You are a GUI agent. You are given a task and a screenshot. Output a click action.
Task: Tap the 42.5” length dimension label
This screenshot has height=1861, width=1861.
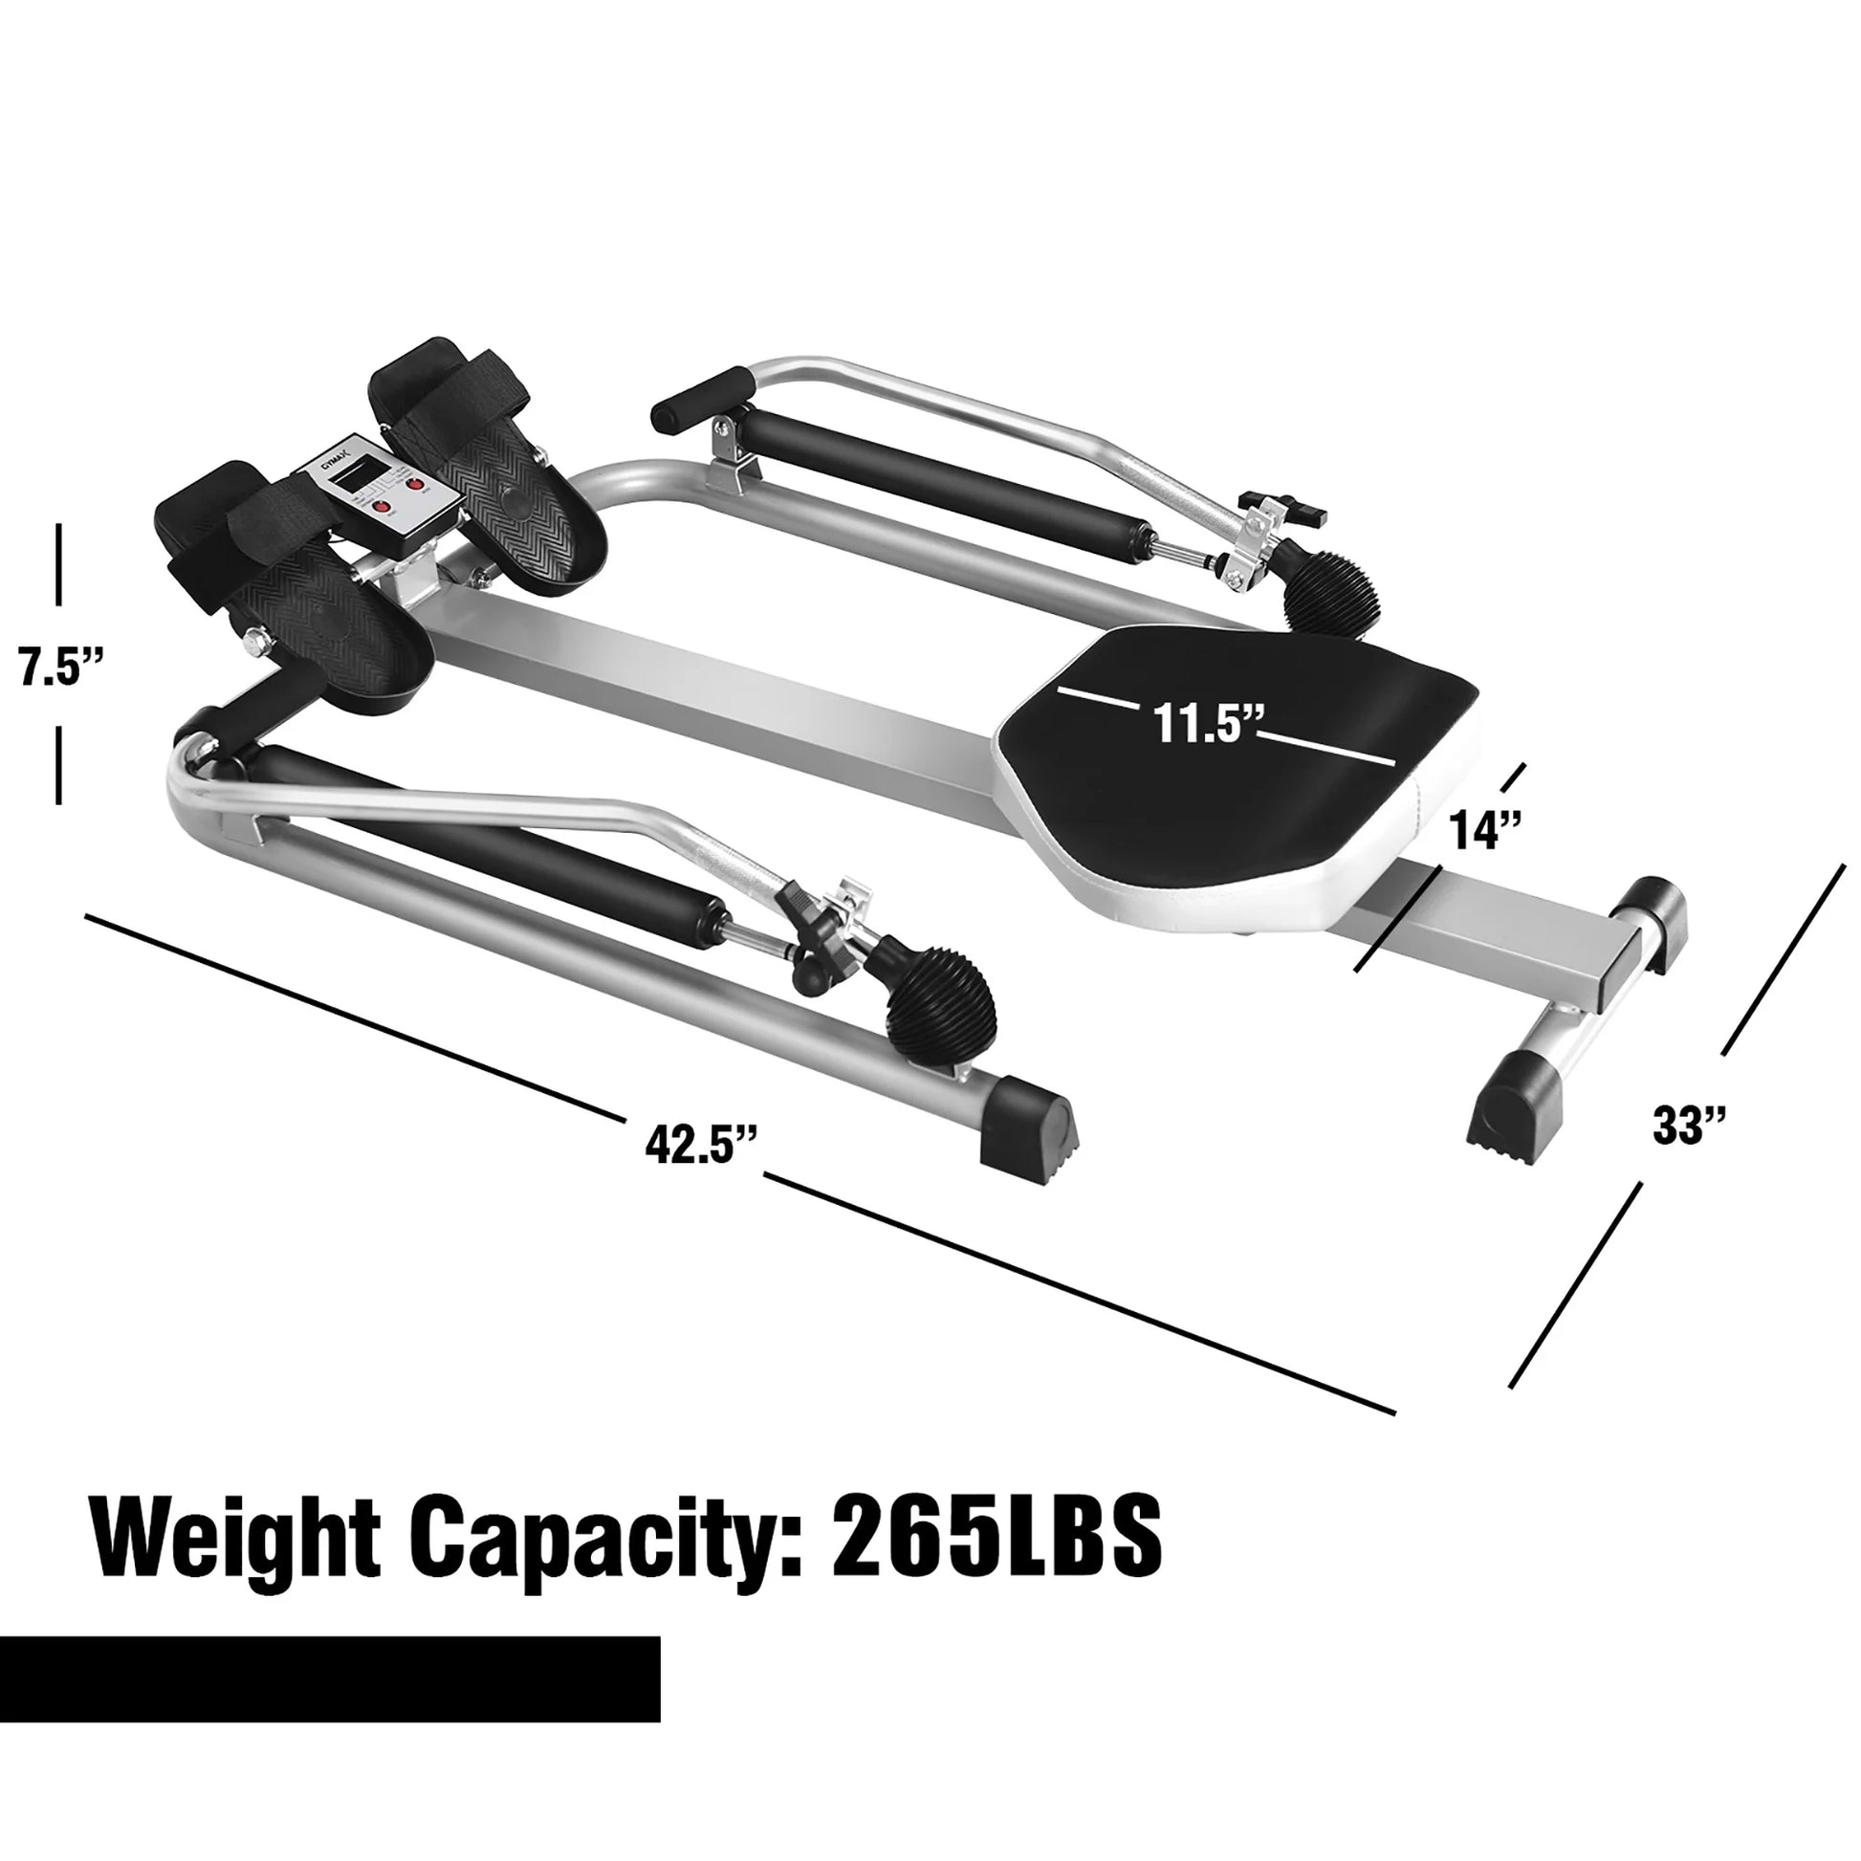[701, 1146]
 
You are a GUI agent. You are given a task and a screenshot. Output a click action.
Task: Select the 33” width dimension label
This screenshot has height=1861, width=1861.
[1690, 1125]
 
